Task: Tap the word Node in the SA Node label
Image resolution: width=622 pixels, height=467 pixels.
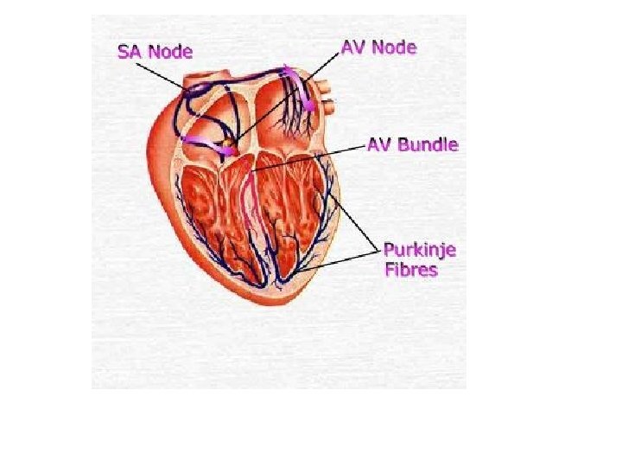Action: (171, 51)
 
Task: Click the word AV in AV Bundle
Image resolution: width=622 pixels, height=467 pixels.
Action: (384, 144)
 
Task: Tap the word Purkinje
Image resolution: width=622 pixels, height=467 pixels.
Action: (420, 251)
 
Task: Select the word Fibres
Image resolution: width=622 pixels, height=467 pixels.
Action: (410, 270)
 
